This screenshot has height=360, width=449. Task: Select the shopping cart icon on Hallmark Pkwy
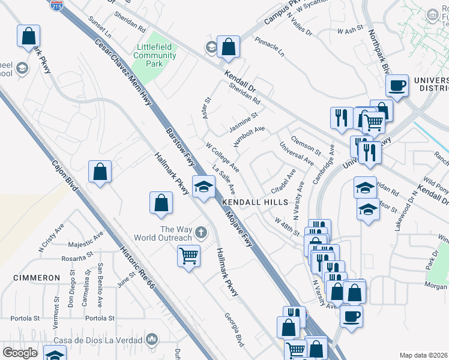pos(188,257)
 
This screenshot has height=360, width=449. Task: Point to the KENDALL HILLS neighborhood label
pos(256,203)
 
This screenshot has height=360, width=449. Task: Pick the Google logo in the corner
pos(20,353)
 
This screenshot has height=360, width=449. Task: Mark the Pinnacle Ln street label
pos(270,47)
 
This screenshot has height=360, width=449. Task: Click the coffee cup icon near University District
pos(397,85)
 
